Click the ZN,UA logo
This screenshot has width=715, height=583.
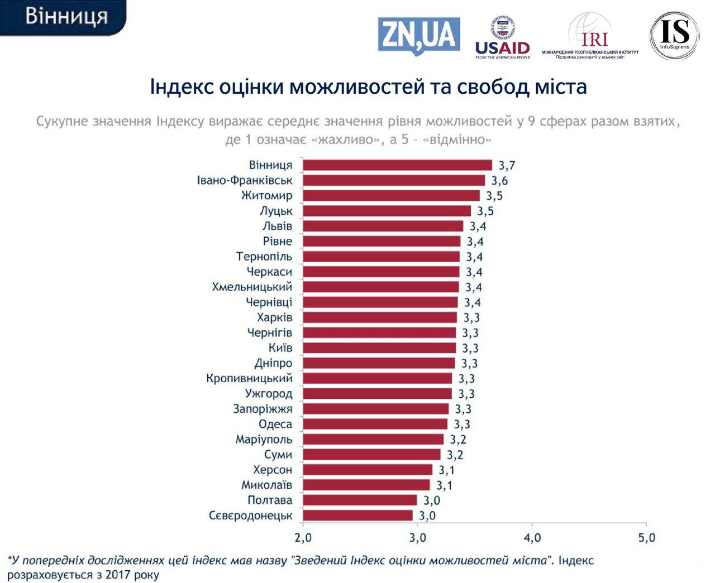(x=419, y=35)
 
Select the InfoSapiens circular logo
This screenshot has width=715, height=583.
(x=674, y=35)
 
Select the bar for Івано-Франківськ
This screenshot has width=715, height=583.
(x=394, y=180)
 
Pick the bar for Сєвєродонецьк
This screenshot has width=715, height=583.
(x=357, y=515)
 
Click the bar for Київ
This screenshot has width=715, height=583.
(x=379, y=348)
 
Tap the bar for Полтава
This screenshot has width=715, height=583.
(x=360, y=500)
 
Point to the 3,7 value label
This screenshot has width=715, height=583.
(x=507, y=166)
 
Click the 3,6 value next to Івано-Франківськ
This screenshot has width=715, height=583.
(x=499, y=181)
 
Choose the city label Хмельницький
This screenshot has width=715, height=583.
(x=252, y=287)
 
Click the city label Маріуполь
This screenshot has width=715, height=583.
(x=264, y=440)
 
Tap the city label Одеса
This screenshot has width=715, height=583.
(x=275, y=425)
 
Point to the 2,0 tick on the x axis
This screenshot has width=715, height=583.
(x=303, y=538)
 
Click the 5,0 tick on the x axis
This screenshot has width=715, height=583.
(x=646, y=538)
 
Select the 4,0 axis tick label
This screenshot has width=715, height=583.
(x=532, y=538)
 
